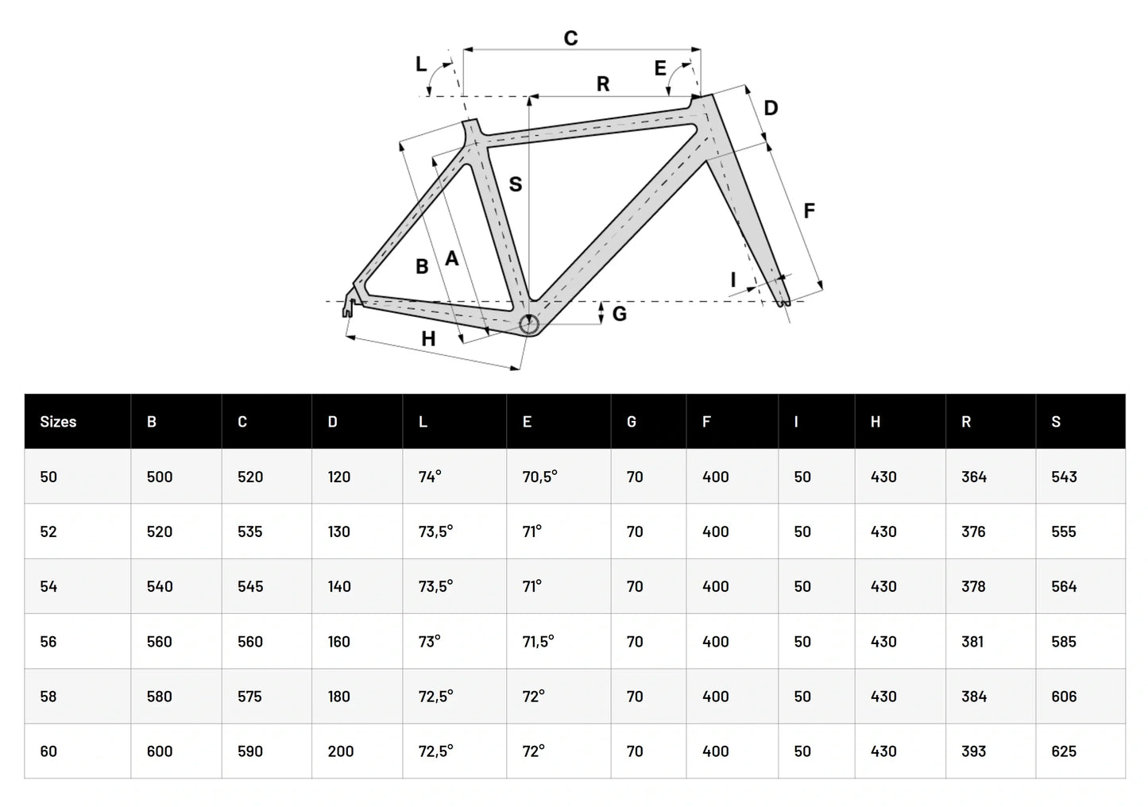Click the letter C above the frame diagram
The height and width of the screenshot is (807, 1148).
pyautogui.click(x=570, y=38)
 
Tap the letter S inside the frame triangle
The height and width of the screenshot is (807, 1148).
pyautogui.click(x=515, y=184)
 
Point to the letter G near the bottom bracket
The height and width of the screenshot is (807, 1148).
pyautogui.click(x=620, y=314)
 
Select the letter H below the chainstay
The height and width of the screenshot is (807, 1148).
pyautogui.click(x=428, y=339)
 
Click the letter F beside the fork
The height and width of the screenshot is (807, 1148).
pyautogui.click(x=809, y=210)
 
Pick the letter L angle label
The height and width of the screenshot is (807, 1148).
pyautogui.click(x=421, y=64)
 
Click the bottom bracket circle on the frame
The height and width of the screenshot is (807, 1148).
pyautogui.click(x=529, y=323)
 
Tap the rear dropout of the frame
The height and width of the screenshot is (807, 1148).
pyautogui.click(x=349, y=306)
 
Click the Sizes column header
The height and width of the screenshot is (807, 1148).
pyautogui.click(x=58, y=422)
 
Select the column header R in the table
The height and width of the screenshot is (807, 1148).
pyautogui.click(x=966, y=422)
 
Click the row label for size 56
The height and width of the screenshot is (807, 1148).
pyautogui.click(x=48, y=642)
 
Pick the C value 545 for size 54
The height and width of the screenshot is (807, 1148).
pyautogui.click(x=250, y=587)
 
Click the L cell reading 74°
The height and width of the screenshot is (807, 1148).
pyautogui.click(x=430, y=477)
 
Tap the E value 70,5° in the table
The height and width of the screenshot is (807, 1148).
pyautogui.click(x=539, y=477)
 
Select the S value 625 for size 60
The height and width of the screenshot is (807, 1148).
pyautogui.click(x=1064, y=751)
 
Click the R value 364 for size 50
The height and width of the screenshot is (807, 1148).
pyautogui.click(x=973, y=477)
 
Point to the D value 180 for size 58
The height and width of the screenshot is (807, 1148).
pyautogui.click(x=339, y=697)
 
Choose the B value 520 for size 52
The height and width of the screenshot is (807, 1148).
pyautogui.click(x=160, y=531)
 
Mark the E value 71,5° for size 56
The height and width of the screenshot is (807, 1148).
pyautogui.click(x=538, y=642)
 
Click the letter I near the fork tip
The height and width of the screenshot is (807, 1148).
pyautogui.click(x=733, y=280)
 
